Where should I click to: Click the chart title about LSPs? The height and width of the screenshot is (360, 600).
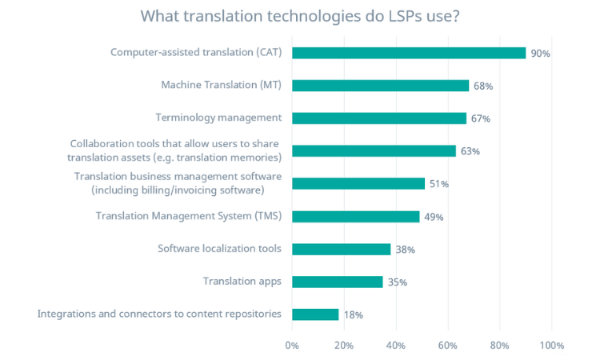coord(300,17)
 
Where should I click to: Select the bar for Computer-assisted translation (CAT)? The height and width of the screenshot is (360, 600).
coord(409,53)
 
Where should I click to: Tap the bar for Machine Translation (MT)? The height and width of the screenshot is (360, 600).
coord(380,86)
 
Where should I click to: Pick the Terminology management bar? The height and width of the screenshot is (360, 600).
coord(379,118)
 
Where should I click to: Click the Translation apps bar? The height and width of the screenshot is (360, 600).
coord(338,282)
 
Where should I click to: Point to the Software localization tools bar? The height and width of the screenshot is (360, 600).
coord(342,249)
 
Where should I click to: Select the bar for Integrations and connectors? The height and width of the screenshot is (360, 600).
coord(315,314)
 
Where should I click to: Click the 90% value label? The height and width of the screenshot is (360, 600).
coord(540,54)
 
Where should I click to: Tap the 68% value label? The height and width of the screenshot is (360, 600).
coord(482,86)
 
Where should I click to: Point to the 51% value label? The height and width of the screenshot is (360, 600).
coord(438,184)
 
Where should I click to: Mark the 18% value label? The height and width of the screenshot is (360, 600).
coord(353,315)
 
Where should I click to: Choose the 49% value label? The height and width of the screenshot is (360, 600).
coord(434,217)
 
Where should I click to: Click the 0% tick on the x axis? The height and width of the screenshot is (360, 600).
coord(292,346)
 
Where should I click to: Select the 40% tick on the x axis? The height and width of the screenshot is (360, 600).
coord(395,346)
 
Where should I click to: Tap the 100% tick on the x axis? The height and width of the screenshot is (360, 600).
coord(551,346)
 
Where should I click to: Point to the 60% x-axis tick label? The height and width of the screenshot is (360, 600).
coord(447,346)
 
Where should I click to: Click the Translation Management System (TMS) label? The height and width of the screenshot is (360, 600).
coord(188,216)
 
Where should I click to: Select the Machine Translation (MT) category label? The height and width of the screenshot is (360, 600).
coord(221,85)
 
